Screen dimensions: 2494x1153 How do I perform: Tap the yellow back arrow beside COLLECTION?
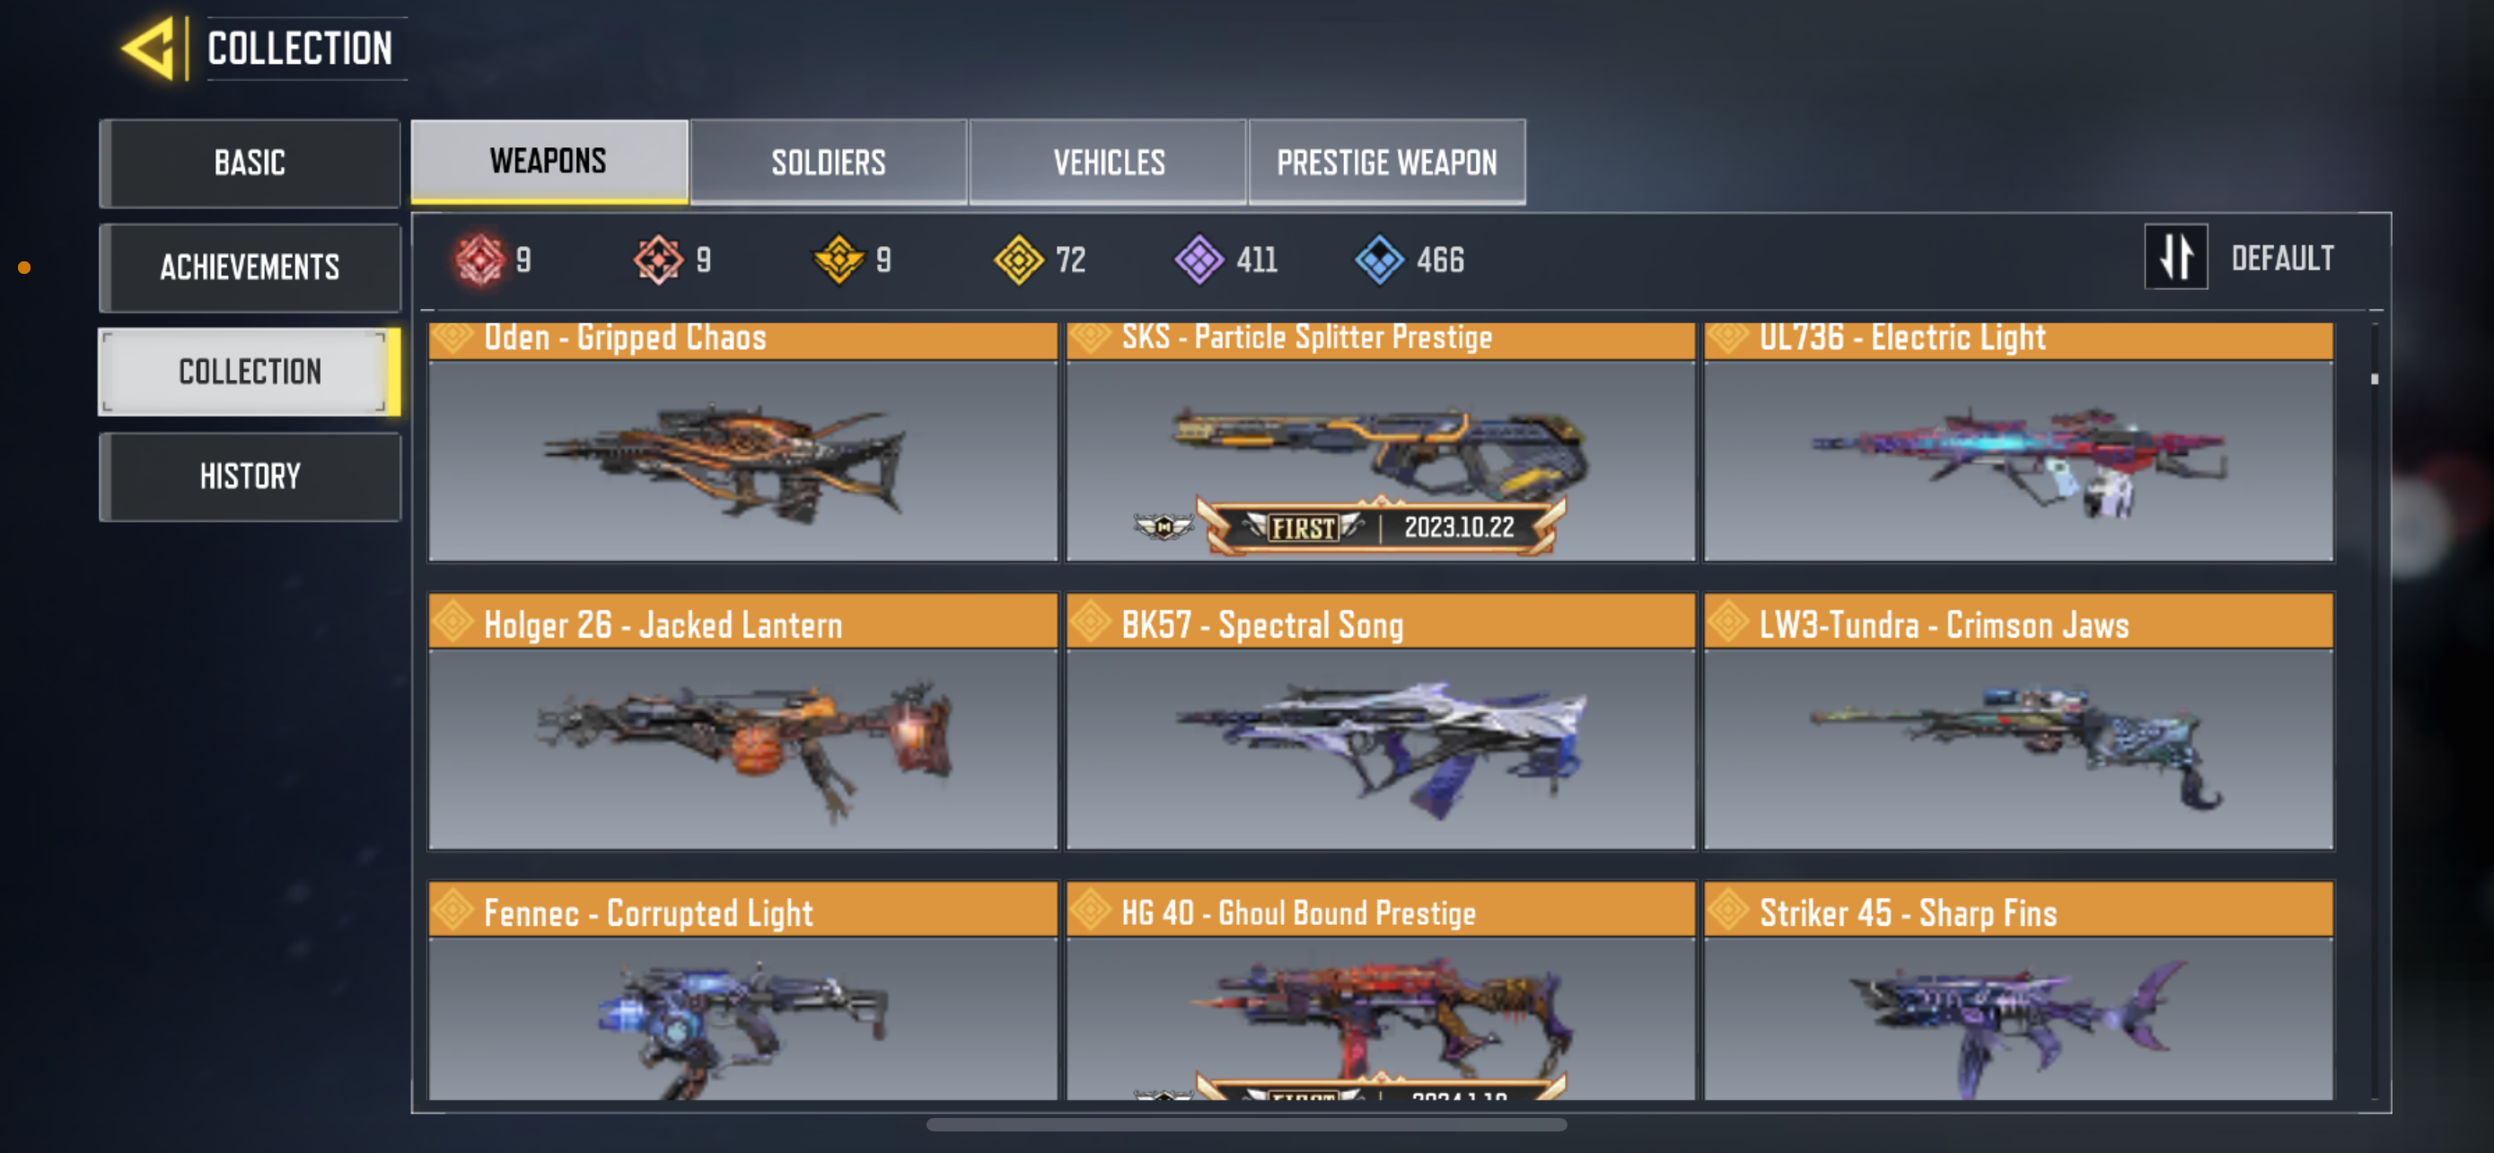[x=150, y=48]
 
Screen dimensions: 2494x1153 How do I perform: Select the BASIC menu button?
[x=250, y=163]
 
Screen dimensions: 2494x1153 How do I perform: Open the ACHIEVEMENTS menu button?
[x=250, y=268]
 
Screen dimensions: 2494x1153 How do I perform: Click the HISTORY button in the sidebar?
[x=250, y=476]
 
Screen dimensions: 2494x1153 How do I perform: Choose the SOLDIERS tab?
[x=829, y=162]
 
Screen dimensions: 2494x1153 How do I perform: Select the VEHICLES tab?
[x=1109, y=162]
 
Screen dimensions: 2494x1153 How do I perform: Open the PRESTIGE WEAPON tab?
[x=1386, y=162]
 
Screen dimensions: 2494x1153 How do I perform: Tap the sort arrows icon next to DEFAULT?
[x=2175, y=258]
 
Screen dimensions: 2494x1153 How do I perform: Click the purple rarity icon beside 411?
[x=1199, y=260]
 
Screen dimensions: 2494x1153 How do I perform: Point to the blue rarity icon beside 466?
[x=1379, y=260]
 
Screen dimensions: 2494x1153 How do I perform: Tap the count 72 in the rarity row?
[x=1070, y=260]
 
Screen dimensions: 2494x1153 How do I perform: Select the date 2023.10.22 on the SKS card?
[x=1459, y=528]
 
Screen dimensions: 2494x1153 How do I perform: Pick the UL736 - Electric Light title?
[x=1901, y=338]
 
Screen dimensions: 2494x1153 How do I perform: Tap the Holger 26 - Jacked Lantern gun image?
[x=745, y=745]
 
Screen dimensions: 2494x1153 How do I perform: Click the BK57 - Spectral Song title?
[x=1261, y=625]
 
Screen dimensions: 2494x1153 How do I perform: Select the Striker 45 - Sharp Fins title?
[x=1907, y=913]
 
